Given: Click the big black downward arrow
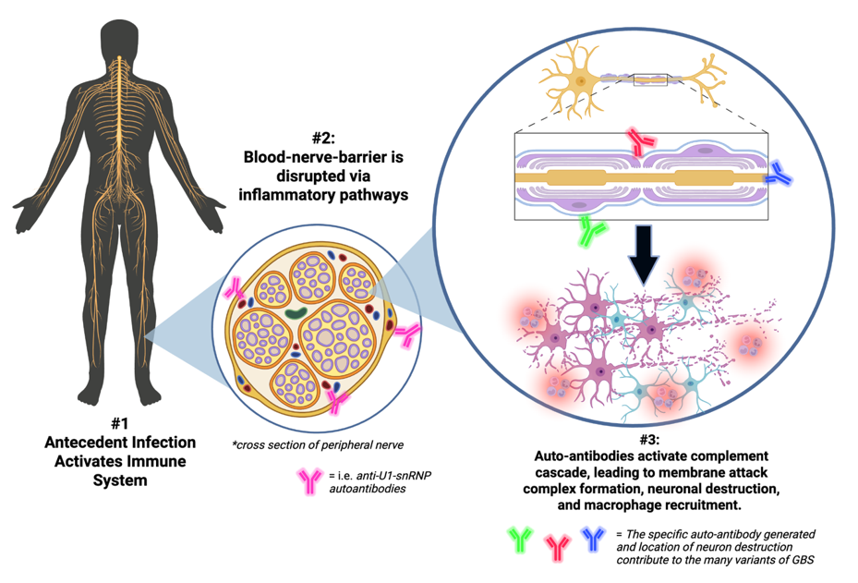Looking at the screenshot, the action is click(645, 252).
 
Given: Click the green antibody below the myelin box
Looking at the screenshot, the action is click(591, 230).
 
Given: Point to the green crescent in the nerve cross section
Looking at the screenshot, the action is click(296, 313).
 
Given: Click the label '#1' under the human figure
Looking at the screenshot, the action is click(119, 423).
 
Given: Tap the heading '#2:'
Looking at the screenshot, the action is click(323, 138).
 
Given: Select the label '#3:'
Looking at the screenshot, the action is click(650, 440).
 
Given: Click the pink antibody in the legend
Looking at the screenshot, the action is click(309, 481).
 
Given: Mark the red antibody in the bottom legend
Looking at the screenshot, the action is click(557, 548).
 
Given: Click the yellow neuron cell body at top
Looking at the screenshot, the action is click(580, 81).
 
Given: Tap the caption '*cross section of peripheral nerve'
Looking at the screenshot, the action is click(318, 445).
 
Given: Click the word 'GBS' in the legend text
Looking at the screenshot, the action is click(803, 560).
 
